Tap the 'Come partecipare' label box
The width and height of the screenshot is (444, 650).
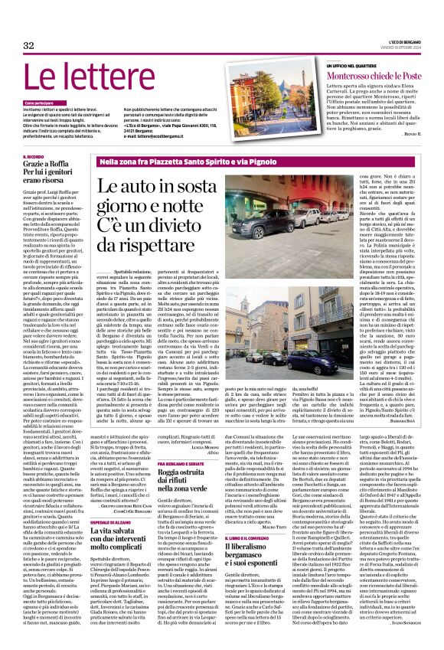click(39, 102)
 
